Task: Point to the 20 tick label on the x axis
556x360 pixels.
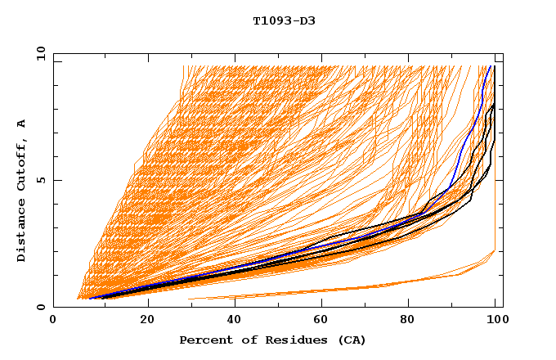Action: [x=147, y=321]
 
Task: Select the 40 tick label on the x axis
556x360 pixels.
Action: [x=235, y=321]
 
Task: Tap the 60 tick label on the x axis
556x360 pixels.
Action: [x=324, y=321]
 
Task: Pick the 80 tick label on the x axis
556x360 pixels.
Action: [x=412, y=321]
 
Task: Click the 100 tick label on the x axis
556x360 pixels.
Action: [x=496, y=321]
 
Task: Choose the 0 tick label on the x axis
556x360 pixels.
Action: [x=54, y=321]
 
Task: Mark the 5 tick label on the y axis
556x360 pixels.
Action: [x=41, y=180]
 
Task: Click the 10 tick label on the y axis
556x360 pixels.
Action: [x=38, y=53]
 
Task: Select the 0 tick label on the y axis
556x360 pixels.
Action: [x=41, y=307]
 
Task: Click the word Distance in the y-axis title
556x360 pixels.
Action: [x=22, y=232]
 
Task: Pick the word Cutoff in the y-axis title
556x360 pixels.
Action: [x=22, y=167]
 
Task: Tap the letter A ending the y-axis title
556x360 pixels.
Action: [x=22, y=123]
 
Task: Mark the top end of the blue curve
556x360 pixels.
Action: [x=488, y=67]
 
